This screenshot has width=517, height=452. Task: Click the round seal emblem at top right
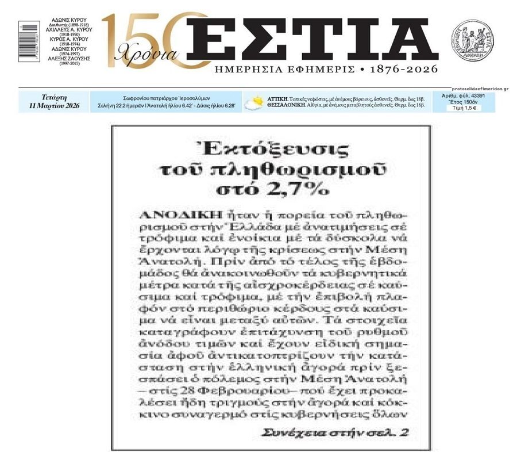coord(472,38)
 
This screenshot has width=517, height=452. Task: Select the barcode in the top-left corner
coord(25,39)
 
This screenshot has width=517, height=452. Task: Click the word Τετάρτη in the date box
coord(55,98)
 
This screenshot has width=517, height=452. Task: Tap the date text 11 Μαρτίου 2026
coord(55,106)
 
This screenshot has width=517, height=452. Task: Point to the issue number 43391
coord(476,95)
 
